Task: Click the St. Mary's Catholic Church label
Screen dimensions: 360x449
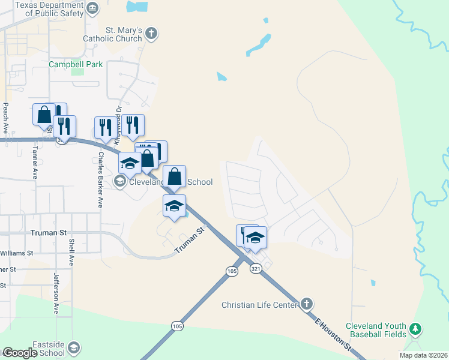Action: (x=124, y=35)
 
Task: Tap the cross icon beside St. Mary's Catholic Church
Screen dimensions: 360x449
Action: (x=152, y=34)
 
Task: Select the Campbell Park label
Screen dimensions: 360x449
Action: (x=76, y=64)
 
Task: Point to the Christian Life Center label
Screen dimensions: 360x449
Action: (x=260, y=305)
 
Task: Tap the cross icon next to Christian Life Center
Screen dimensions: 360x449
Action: (x=307, y=304)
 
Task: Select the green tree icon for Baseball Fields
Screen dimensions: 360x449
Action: (x=415, y=329)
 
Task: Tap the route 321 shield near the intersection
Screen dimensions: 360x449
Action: (x=257, y=269)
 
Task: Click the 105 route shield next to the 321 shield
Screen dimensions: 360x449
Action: (x=233, y=271)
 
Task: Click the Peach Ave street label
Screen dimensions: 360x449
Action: (x=6, y=118)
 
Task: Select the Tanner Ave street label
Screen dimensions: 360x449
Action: (x=35, y=163)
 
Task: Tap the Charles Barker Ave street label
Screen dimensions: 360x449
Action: (x=101, y=179)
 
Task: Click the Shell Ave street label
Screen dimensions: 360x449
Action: (x=71, y=253)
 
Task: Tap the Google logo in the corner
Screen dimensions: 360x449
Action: (x=20, y=353)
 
